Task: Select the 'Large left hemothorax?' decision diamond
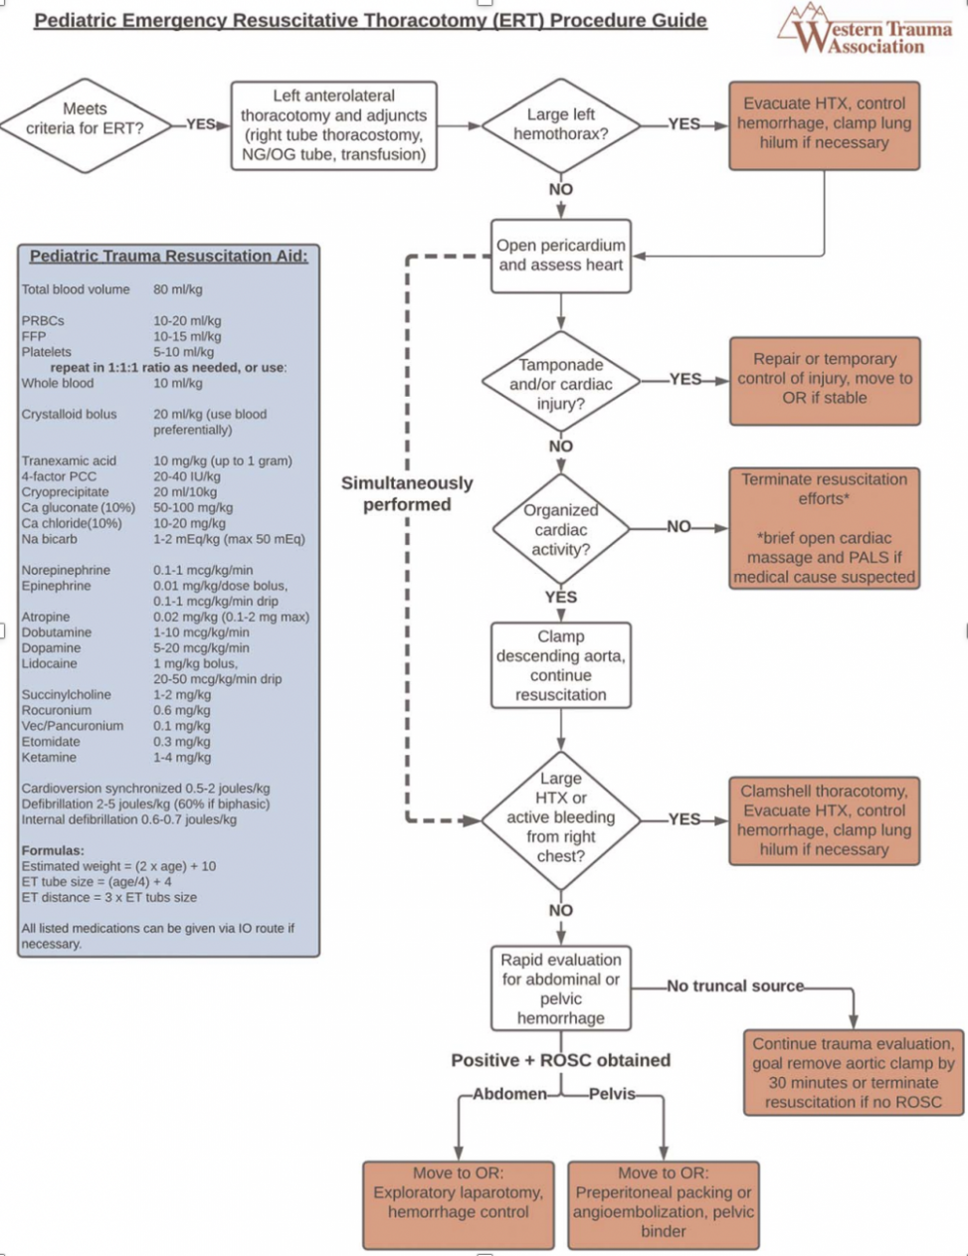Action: [x=560, y=124]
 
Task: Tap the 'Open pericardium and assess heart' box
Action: [x=561, y=256]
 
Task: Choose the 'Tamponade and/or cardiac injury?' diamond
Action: [x=561, y=384]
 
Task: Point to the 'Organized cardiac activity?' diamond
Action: [x=561, y=529]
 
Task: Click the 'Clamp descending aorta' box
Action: [x=561, y=665]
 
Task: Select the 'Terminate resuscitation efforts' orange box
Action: [x=824, y=528]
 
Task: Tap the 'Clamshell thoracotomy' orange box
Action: [x=824, y=820]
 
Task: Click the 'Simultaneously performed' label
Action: [x=407, y=494]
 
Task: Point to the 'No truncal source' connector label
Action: [x=735, y=987]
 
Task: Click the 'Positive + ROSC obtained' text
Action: [x=561, y=1060]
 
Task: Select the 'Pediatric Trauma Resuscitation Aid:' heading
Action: [x=168, y=257]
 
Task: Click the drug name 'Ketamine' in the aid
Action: [x=47, y=758]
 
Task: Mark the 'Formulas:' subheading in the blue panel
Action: [x=53, y=851]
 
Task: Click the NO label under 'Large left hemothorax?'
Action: [x=561, y=190]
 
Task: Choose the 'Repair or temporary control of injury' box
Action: [x=824, y=379]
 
